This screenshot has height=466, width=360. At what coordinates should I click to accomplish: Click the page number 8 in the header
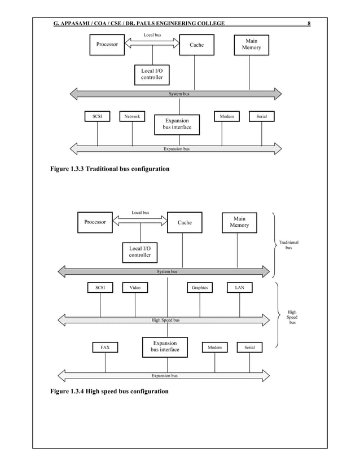tap(309, 23)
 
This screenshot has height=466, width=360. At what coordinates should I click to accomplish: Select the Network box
tap(132, 116)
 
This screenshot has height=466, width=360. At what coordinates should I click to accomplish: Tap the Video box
tap(135, 288)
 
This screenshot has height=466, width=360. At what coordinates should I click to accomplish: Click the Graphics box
tap(200, 288)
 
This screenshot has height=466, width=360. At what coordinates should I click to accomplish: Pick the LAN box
tap(240, 288)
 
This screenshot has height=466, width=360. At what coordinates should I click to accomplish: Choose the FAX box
tap(105, 348)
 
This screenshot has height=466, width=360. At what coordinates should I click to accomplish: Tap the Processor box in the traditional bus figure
tap(107, 45)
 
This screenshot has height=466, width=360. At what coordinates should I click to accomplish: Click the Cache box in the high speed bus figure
tap(185, 222)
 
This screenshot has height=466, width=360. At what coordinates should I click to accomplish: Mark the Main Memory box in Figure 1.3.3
tap(252, 45)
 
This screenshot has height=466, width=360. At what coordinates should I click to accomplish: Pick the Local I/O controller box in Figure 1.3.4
tap(140, 252)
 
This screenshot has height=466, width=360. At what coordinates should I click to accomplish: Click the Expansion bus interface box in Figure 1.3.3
tap(177, 124)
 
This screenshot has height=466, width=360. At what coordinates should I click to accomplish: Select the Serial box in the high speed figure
tap(249, 348)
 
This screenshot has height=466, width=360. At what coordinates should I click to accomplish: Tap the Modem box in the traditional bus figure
tap(227, 116)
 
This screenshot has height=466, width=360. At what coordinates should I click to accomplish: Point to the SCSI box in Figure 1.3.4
tap(100, 288)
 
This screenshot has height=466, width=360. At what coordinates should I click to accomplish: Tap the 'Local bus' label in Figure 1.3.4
tap(141, 213)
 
